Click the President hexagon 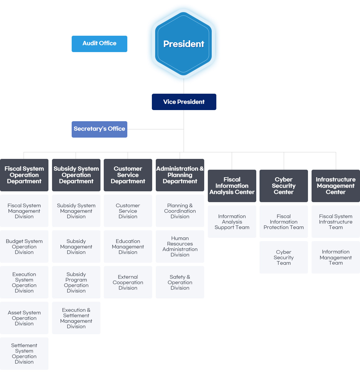tap(184, 44)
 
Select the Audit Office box tap(99, 44)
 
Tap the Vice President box tap(184, 102)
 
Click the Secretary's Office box tap(99, 129)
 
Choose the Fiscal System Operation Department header tap(24, 175)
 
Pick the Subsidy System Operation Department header tap(76, 175)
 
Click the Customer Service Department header tap(128, 175)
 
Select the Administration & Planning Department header tap(180, 175)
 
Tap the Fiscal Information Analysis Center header tap(232, 186)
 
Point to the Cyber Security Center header tap(284, 186)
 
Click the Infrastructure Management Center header tap(336, 186)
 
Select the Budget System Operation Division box tap(24, 247)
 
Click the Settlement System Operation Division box tap(24, 353)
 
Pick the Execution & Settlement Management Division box tap(76, 318)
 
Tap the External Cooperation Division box tap(128, 282)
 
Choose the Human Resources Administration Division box tap(180, 247)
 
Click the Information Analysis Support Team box tap(232, 222)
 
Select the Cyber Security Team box tap(284, 257)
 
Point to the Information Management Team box tap(336, 257)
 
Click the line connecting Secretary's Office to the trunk tap(155, 129)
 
